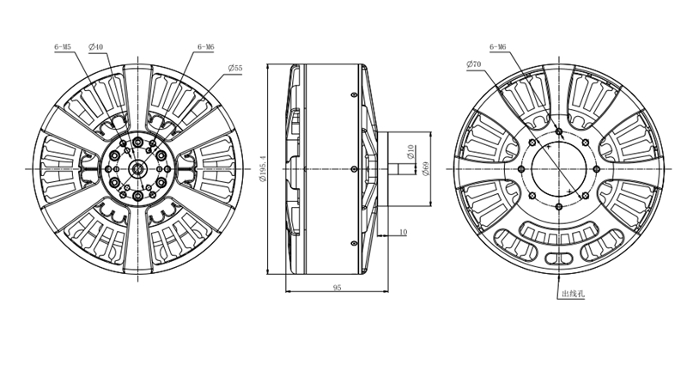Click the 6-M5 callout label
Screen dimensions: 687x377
[63, 46]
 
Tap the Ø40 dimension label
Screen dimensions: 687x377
[95, 46]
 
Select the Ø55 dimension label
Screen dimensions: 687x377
[235, 68]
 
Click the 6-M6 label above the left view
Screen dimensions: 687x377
[206, 46]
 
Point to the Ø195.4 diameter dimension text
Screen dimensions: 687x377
[263, 169]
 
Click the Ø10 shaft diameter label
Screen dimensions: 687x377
[410, 152]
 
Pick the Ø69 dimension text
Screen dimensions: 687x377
[425, 169]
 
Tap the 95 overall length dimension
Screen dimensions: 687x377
[337, 288]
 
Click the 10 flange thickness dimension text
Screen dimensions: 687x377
[403, 232]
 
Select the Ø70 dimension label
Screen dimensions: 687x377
[474, 64]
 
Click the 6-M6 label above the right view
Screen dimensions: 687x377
[498, 46]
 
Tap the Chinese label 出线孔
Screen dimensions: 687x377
[573, 294]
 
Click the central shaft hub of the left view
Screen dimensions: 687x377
[138, 169]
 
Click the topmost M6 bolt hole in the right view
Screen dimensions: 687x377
[559, 131]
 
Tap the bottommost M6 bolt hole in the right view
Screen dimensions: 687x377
[559, 207]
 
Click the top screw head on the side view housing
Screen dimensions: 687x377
[354, 94]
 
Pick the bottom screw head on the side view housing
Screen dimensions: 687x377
[354, 243]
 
